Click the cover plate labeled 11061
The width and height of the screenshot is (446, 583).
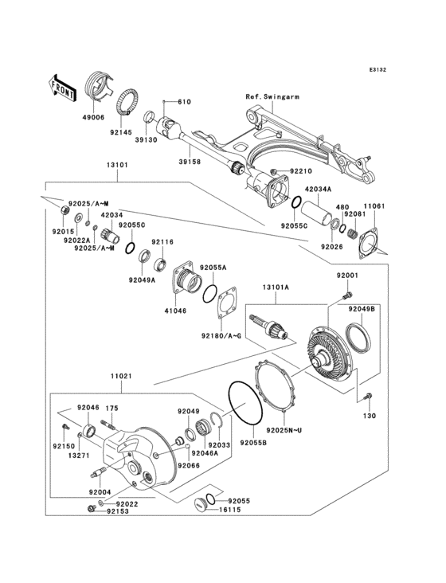click(x=368, y=241)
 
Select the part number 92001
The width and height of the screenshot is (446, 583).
click(x=346, y=276)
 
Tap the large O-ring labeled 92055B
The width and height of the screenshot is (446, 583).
click(x=247, y=405)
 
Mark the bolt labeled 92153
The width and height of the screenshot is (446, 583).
click(x=88, y=511)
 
